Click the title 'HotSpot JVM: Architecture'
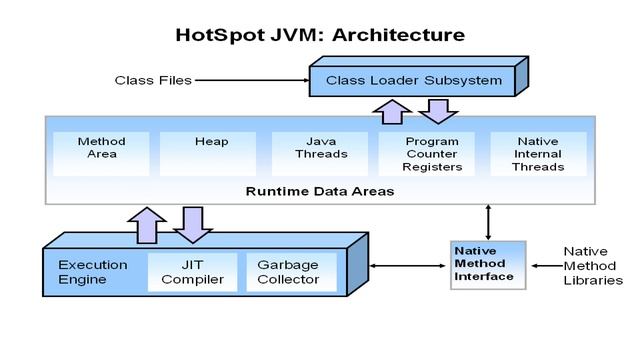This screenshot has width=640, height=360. [320, 34]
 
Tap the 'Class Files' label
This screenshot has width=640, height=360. [152, 80]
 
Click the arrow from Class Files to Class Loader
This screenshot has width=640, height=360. [250, 80]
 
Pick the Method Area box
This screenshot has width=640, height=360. [101, 148]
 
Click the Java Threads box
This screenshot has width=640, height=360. [320, 148]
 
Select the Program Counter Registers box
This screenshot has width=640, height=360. [432, 154]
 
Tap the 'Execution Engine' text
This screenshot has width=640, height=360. [92, 272]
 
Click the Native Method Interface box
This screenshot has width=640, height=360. [485, 264]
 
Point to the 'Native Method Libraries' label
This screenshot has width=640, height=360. [592, 266]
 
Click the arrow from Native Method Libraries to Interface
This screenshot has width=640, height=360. [545, 266]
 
